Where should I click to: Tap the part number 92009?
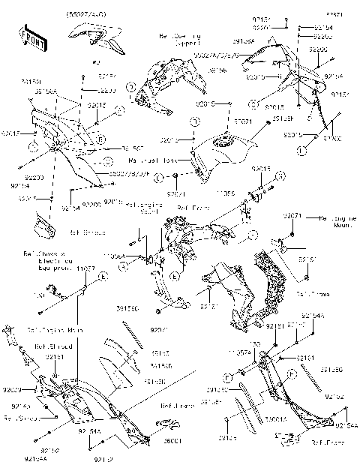click(x=10, y=390)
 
